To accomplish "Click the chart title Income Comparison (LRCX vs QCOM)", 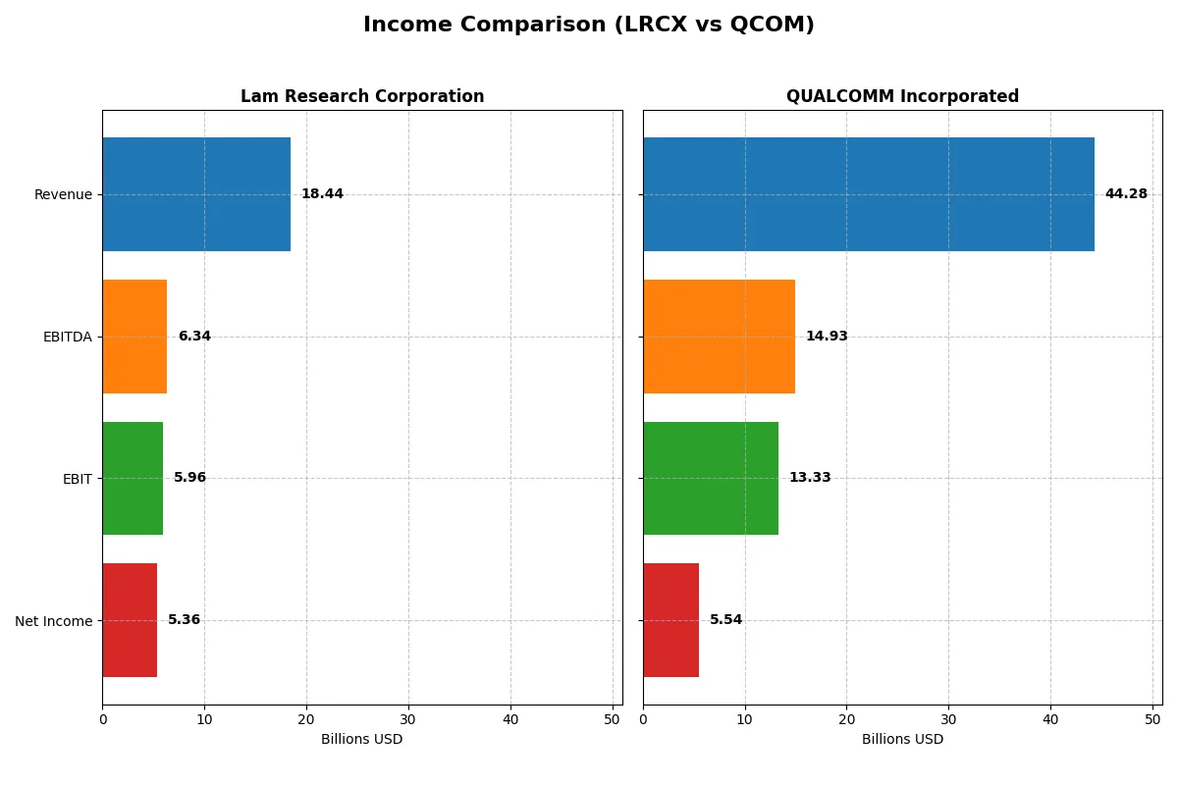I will [588, 25].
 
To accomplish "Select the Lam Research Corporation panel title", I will [362, 96].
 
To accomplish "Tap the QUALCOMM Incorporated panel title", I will [902, 96].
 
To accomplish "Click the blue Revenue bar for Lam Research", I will [196, 194].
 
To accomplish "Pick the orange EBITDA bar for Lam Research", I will [134, 337].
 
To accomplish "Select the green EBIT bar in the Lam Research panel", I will [133, 479].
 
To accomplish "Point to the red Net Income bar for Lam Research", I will [130, 620].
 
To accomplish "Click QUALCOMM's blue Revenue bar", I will [869, 194].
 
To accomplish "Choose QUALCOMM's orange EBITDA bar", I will [719, 337].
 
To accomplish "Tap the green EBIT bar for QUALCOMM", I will [711, 479].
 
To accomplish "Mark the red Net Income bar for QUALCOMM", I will [671, 620].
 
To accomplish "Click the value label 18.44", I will [322, 194].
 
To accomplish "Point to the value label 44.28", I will [1126, 194].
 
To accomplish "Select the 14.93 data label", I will [827, 337].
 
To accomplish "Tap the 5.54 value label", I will [726, 620].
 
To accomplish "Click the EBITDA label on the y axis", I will [67, 337].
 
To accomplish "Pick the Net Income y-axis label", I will [54, 620].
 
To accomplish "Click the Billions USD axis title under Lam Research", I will [362, 740].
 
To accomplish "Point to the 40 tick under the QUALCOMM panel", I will [1050, 719].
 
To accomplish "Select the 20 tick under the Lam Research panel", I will [306, 719].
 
